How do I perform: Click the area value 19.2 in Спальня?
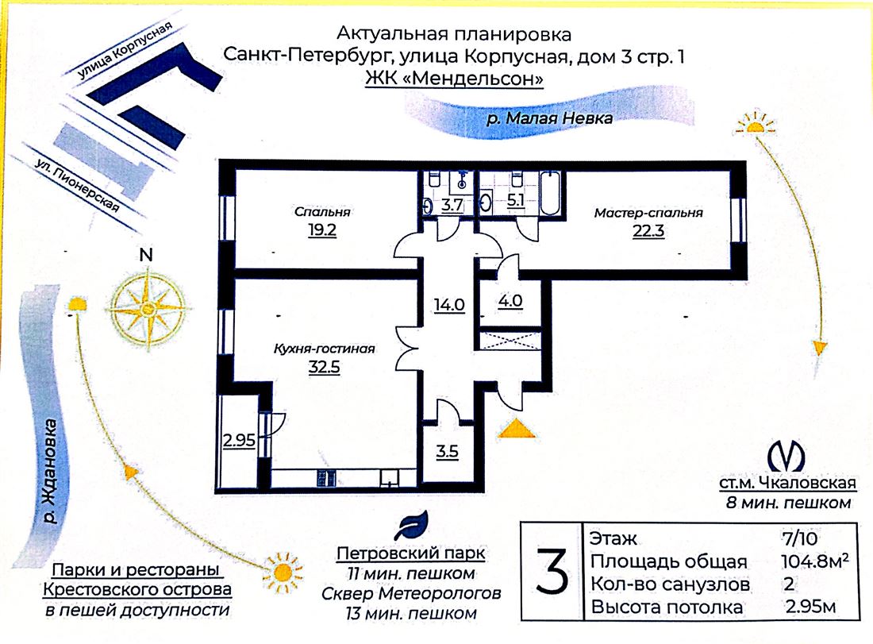[322, 229]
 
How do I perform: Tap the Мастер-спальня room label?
[648, 212]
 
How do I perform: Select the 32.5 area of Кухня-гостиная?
[324, 367]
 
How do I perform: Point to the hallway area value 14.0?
[449, 305]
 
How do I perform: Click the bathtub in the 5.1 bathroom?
[551, 193]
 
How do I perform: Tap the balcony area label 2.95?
[239, 441]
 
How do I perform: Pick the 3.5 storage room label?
[447, 451]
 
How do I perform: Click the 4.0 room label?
[510, 302]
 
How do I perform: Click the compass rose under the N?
[148, 308]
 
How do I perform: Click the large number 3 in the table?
[552, 571]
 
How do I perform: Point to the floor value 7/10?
[800, 538]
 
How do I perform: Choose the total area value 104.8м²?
[815, 561]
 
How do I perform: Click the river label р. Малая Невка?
[549, 118]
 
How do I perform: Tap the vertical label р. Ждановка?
[51, 472]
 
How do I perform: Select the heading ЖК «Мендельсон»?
[454, 79]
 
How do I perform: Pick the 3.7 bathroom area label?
[452, 204]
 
